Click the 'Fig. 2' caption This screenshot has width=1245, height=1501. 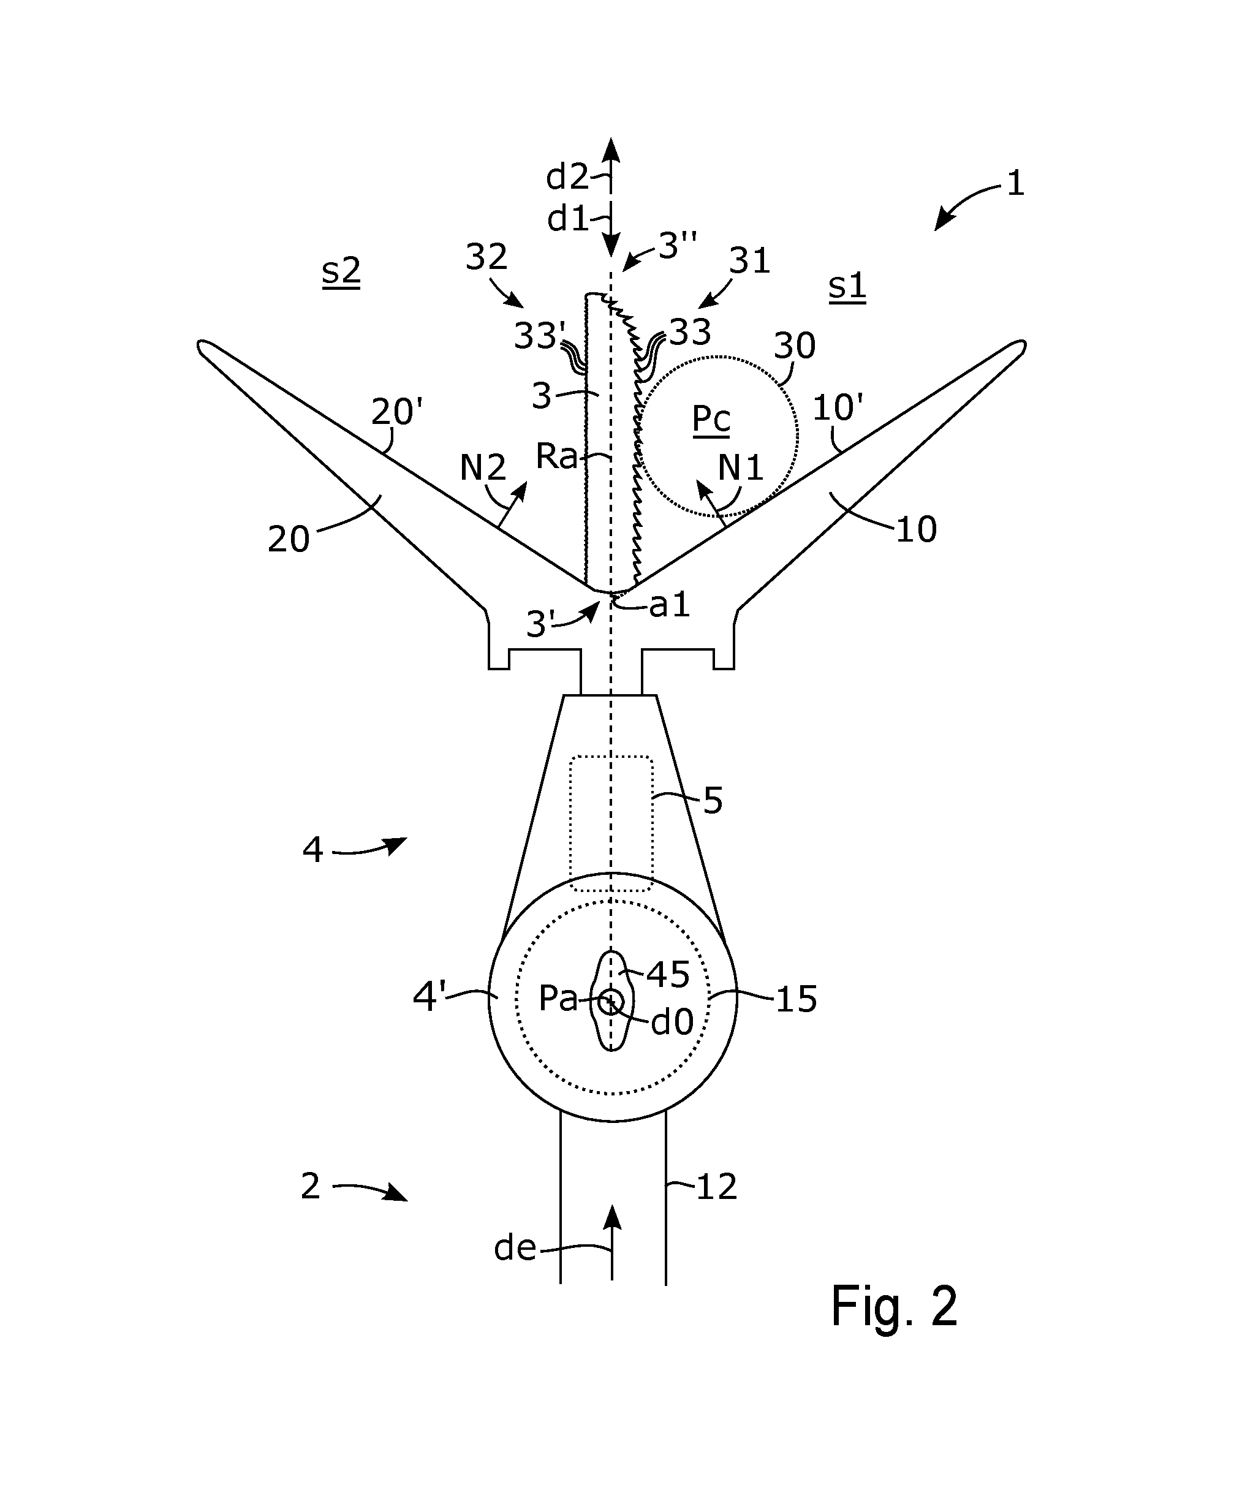893,1306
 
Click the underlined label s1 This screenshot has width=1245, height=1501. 847,286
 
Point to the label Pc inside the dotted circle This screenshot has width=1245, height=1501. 711,420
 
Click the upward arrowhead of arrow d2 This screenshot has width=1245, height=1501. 610,149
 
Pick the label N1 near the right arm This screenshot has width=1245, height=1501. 740,468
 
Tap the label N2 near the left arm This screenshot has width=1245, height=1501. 482,468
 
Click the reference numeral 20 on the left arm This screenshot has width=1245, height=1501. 289,540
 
